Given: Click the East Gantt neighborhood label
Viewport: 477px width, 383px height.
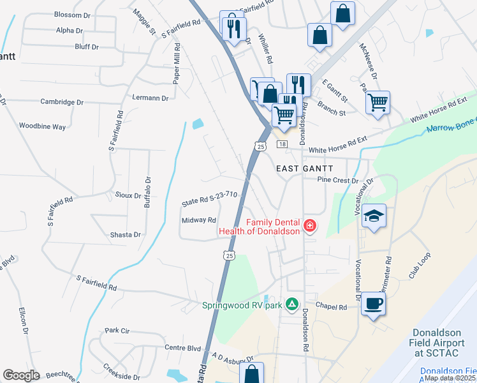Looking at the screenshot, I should (304, 168).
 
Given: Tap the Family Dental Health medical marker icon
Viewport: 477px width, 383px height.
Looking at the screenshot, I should (310, 226).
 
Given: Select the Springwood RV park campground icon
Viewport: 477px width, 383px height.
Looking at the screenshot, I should (292, 303).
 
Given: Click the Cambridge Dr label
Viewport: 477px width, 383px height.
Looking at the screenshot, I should (62, 101).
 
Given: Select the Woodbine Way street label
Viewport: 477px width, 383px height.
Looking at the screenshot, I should (42, 126).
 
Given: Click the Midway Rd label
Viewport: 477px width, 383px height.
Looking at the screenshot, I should (200, 220).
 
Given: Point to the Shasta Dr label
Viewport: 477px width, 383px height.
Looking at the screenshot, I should (124, 235).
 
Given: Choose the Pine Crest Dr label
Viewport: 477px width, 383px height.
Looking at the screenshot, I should (337, 181).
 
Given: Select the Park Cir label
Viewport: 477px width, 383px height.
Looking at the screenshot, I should (117, 331).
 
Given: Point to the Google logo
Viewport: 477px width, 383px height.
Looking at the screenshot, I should (21, 375).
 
